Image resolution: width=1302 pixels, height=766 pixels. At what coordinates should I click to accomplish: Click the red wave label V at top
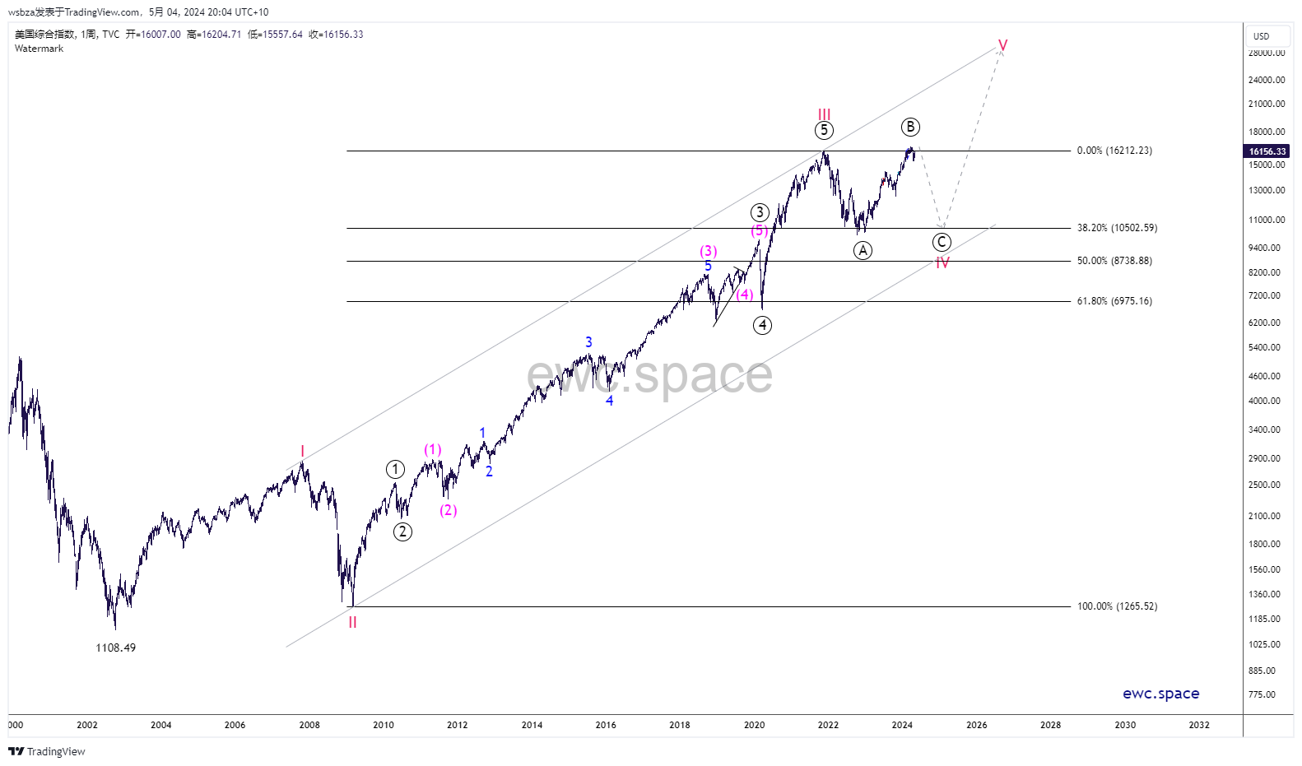[1002, 45]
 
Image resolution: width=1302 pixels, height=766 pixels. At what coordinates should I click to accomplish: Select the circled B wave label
[909, 127]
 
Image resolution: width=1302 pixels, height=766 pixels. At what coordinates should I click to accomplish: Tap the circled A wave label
[863, 250]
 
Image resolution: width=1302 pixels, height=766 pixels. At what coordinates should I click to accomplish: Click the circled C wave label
[942, 242]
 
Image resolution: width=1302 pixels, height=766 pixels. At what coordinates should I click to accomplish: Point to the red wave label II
[352, 623]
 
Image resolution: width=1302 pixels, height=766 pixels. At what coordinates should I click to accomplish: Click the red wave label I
[302, 451]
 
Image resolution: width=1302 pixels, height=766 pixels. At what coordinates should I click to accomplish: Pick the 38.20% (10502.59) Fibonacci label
[1117, 228]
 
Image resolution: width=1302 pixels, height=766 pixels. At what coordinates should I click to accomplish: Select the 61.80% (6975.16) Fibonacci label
[1114, 301]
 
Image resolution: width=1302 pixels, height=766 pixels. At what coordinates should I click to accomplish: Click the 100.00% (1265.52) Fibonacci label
[1117, 606]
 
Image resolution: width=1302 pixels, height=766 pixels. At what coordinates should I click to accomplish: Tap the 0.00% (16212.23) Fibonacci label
[1114, 151]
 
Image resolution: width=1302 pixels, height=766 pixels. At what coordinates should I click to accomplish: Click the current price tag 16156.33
[1267, 151]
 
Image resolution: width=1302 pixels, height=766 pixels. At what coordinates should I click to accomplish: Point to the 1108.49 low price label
[115, 648]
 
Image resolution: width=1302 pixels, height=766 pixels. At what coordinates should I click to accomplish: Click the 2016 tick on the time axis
[606, 725]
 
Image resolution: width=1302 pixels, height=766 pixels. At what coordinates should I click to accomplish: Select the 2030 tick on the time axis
[1124, 725]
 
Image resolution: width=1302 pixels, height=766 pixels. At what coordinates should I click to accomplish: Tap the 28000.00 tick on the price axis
[1266, 53]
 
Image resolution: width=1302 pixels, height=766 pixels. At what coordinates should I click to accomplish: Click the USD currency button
[1261, 36]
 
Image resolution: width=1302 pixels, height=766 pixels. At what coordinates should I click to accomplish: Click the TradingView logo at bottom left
[47, 751]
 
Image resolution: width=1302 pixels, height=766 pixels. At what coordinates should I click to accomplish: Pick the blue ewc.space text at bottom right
[1160, 694]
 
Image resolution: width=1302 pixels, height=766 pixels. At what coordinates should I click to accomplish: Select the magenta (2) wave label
[448, 510]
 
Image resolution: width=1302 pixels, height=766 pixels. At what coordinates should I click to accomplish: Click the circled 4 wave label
[762, 325]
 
